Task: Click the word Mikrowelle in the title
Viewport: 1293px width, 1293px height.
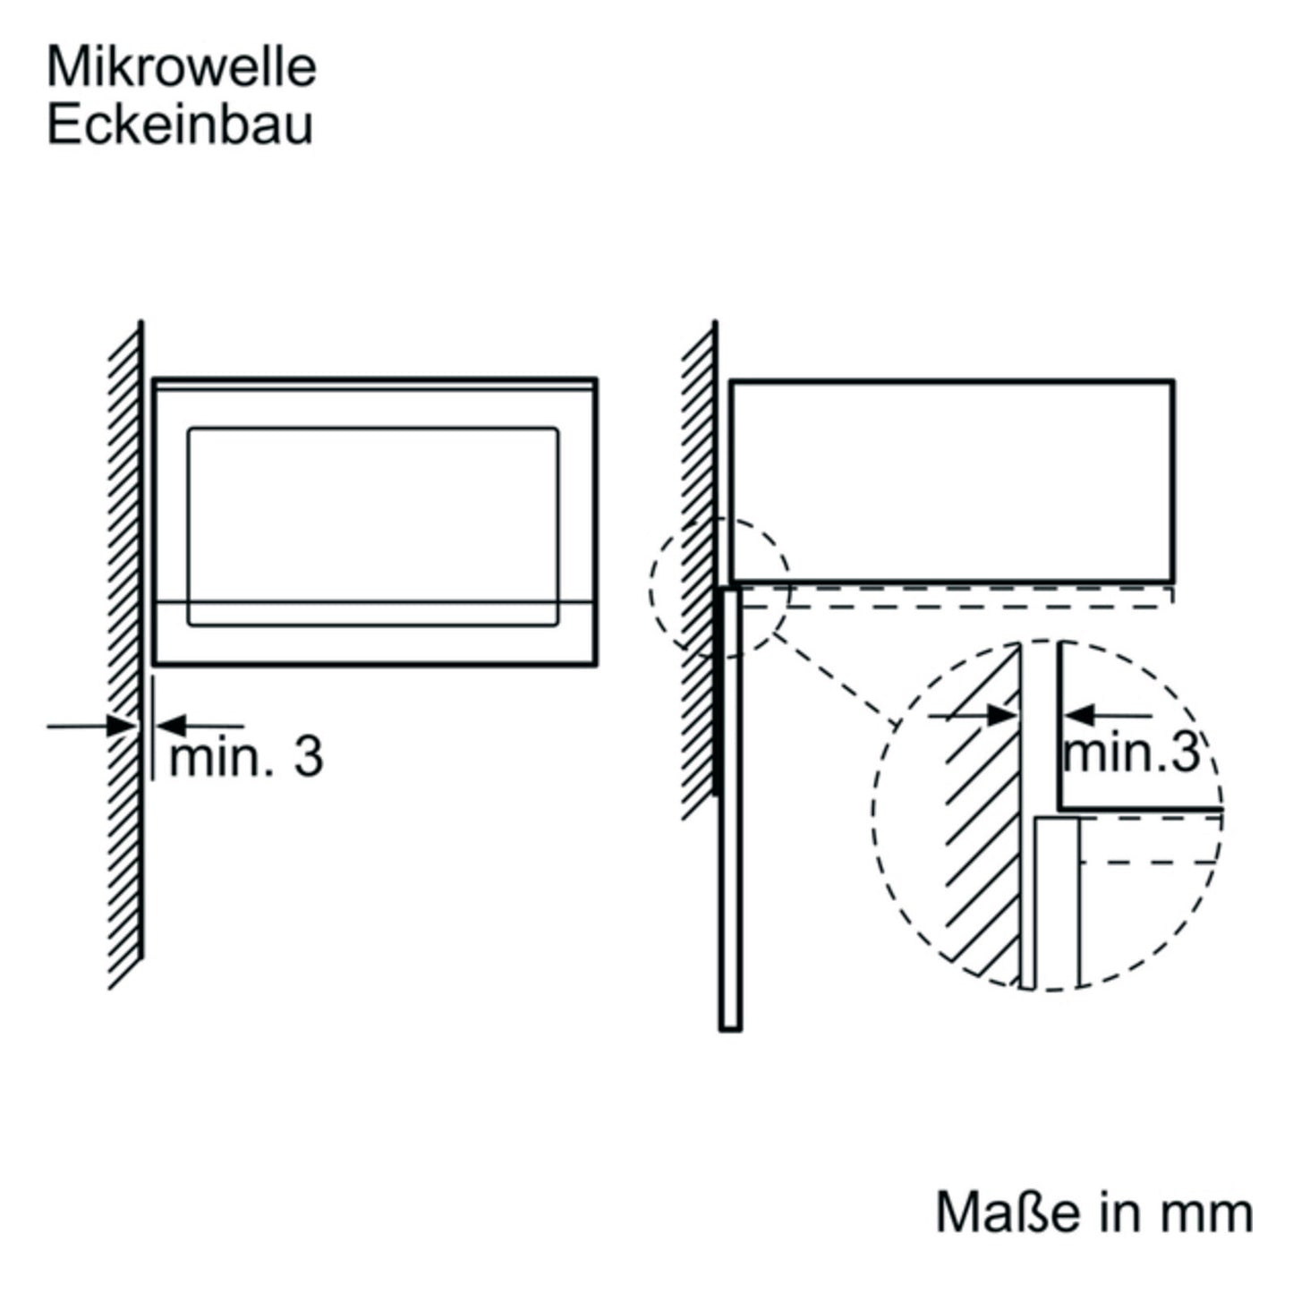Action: point(181,67)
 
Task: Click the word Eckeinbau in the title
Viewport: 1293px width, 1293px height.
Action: point(180,124)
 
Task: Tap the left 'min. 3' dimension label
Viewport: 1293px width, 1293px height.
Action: point(246,758)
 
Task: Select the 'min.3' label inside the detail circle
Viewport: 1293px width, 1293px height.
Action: point(1131,752)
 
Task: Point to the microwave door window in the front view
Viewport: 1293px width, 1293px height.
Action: point(372,527)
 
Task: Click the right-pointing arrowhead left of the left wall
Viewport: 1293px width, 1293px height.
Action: point(122,726)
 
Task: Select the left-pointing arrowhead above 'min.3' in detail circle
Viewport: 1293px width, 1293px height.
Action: point(1079,716)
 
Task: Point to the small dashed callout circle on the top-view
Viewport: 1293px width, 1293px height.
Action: point(650,588)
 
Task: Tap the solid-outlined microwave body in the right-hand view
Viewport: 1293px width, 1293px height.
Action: point(953,380)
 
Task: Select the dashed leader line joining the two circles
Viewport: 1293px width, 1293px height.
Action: point(835,679)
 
